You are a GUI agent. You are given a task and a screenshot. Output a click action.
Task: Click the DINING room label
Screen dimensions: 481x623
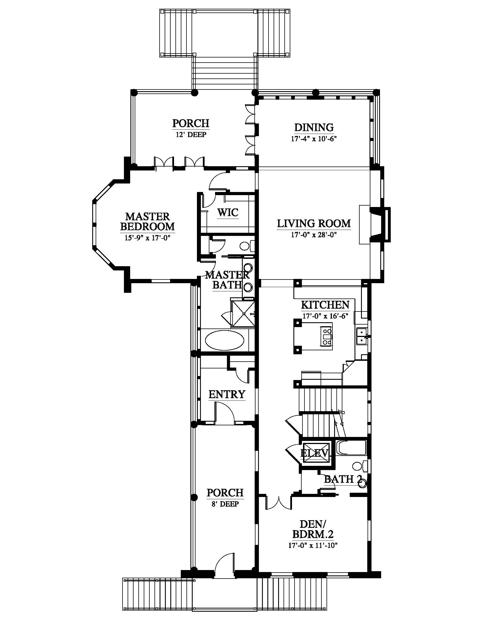pos(314,127)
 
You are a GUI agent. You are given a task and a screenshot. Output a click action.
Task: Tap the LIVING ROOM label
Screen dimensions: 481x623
pos(314,223)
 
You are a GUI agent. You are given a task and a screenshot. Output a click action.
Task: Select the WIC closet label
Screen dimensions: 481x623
pos(228,212)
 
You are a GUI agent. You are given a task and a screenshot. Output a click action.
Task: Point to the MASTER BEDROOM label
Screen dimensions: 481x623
pos(148,221)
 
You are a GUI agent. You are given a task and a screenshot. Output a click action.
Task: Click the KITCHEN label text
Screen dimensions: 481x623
pos(325,305)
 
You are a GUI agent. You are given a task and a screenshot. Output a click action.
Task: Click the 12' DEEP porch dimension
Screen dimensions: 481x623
pos(191,134)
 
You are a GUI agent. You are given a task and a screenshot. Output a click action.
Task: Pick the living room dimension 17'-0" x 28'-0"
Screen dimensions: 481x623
pos(313,235)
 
